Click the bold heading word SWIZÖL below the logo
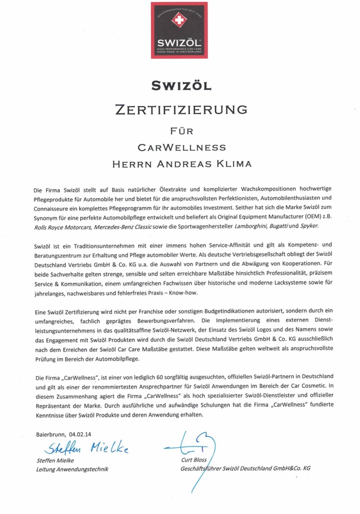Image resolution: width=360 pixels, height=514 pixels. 180,85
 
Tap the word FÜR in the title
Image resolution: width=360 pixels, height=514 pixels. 180,131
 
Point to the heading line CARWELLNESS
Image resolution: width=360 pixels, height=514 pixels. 181,147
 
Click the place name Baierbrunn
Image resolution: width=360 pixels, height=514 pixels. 51,434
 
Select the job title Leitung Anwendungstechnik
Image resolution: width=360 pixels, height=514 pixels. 72,469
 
